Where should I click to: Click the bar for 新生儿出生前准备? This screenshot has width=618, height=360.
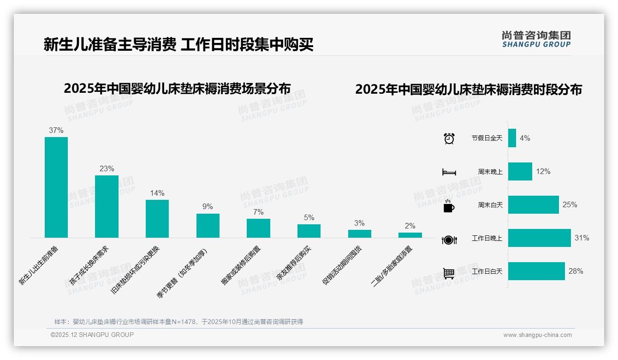coord(56,187)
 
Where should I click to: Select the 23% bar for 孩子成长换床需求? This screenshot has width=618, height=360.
coord(107,206)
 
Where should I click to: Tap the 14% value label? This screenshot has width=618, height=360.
coord(157,193)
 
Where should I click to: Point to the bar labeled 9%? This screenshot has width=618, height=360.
coord(208,226)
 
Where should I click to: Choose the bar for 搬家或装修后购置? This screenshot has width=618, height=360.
coord(258,228)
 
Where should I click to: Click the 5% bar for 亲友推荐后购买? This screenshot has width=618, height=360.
coord(309,231)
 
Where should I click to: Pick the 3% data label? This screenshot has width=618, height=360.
coord(359,223)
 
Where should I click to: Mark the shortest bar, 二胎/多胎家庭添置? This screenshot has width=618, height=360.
coord(410,235)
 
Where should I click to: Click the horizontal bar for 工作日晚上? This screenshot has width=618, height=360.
coord(539,238)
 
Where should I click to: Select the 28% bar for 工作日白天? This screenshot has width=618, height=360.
coord(536,271)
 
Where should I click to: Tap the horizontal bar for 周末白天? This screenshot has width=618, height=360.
coord(533,204)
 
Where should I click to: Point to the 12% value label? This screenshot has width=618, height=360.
coord(543,171)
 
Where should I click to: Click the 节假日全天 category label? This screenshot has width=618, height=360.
coord(487,138)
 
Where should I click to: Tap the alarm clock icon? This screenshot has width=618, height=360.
coord(449,138)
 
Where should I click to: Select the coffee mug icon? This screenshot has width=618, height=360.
coord(449,206)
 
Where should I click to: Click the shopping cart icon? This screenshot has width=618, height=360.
coord(449,273)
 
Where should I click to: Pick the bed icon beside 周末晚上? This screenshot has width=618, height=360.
coord(449,172)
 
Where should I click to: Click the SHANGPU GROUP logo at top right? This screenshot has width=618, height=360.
coord(536,39)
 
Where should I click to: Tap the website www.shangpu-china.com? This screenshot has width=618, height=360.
coord(537,335)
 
